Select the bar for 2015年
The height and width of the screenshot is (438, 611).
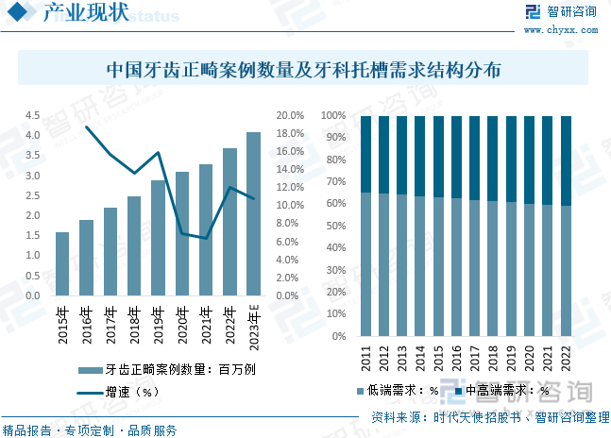(62, 264)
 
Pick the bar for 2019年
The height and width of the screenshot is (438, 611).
(158, 238)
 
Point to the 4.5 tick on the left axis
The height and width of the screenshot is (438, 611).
(32, 115)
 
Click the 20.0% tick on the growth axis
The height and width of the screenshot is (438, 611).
(290, 115)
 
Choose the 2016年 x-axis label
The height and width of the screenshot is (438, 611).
(86, 324)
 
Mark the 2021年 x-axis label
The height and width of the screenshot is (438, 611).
(206, 324)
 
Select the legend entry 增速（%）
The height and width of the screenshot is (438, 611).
(131, 390)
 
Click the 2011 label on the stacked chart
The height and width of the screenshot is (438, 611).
(365, 358)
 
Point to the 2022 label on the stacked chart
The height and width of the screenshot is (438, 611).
(566, 358)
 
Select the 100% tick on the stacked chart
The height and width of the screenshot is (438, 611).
(335, 116)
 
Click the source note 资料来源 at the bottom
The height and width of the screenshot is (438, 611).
(488, 416)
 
